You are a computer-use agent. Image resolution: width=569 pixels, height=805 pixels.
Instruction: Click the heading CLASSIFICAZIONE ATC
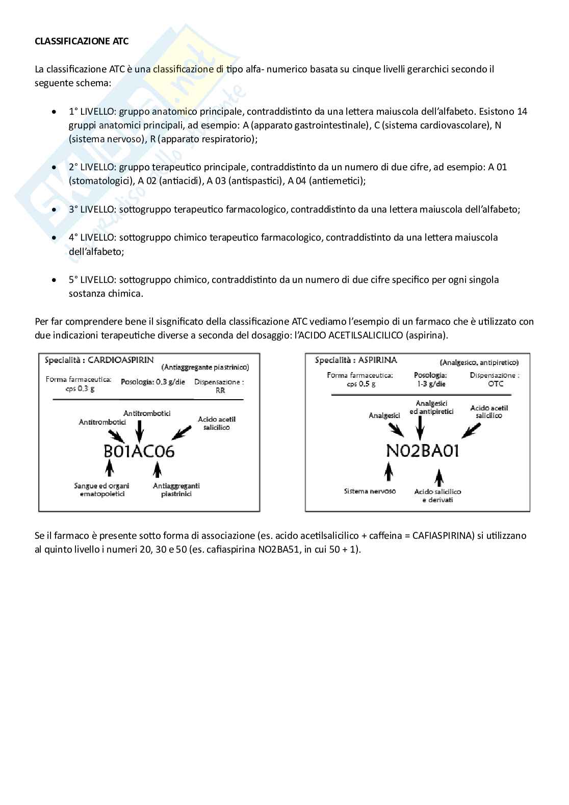click(x=82, y=41)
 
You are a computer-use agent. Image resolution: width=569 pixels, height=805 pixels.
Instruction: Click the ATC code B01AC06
click(x=139, y=451)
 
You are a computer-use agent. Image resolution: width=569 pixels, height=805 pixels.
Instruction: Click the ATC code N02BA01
click(x=422, y=451)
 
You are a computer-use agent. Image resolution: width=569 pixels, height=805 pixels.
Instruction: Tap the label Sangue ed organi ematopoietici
click(x=101, y=489)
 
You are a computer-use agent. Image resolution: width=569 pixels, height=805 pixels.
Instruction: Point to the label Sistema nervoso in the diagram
click(x=370, y=491)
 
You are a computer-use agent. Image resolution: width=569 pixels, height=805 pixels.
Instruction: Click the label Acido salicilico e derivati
click(x=437, y=496)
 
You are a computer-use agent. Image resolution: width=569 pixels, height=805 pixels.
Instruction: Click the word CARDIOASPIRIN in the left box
click(x=120, y=360)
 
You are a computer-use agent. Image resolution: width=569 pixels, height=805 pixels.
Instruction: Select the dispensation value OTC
click(x=495, y=384)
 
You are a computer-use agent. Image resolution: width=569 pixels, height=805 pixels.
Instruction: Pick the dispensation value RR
click(x=220, y=391)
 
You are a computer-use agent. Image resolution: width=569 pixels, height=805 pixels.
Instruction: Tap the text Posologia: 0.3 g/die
click(x=153, y=382)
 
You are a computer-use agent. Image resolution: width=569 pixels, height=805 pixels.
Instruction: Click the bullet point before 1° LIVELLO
click(x=55, y=112)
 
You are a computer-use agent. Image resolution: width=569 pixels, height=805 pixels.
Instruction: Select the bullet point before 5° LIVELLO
click(x=55, y=280)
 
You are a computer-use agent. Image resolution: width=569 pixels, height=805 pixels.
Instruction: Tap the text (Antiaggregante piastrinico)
click(x=205, y=367)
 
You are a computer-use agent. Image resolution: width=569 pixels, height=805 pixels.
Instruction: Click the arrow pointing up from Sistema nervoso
click(x=389, y=472)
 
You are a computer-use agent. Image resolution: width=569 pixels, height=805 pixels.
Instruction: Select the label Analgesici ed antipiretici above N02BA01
click(x=431, y=407)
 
